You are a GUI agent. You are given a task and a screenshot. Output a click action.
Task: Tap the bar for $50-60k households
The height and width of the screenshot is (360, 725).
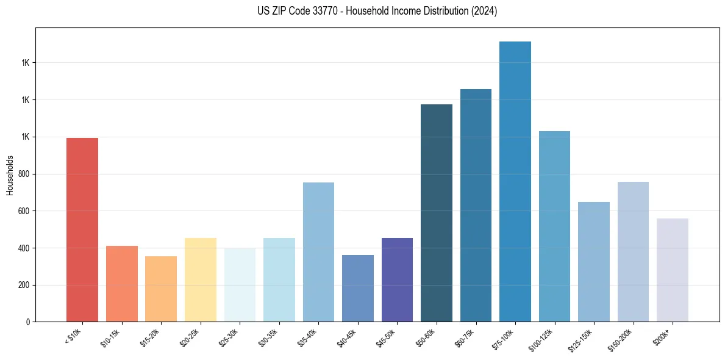click(x=437, y=213)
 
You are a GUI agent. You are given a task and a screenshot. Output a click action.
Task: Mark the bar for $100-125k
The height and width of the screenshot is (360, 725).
click(x=554, y=226)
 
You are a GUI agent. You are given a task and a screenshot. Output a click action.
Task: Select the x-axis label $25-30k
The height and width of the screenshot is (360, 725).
click(x=230, y=337)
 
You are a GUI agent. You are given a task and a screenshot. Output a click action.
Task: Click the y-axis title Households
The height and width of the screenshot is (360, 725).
click(x=10, y=175)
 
